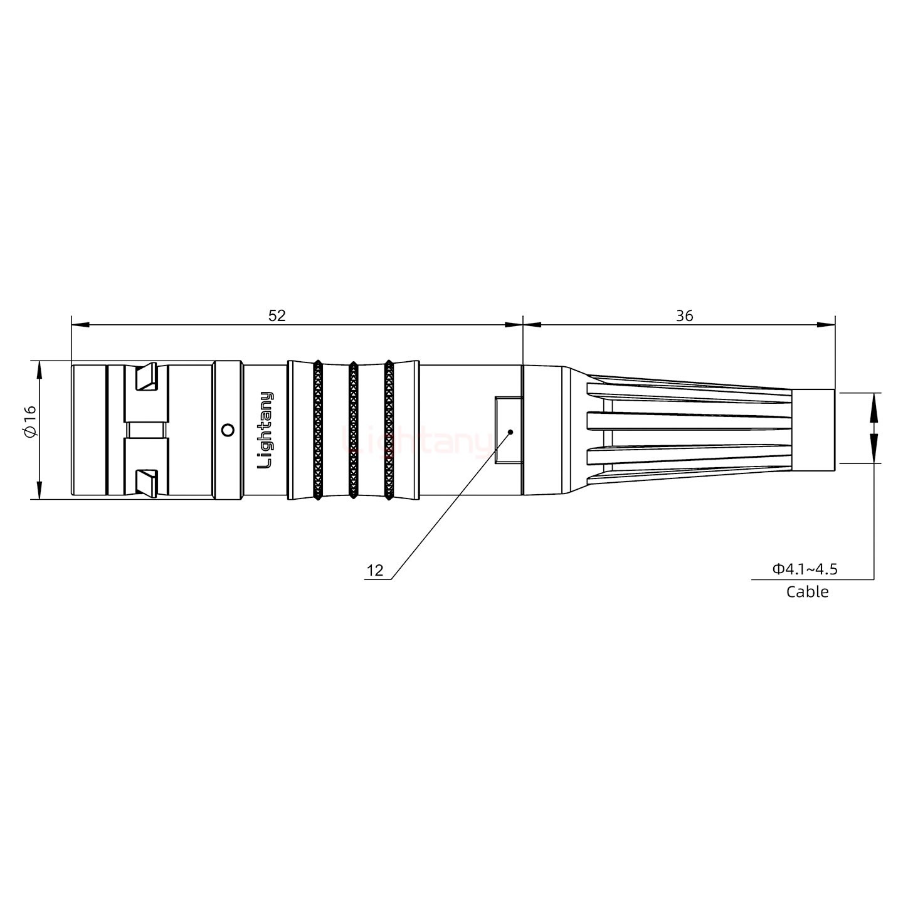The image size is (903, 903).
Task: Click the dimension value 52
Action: pos(277,315)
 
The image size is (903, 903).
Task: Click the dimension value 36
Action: pos(684,315)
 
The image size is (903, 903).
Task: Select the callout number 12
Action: pos(374,571)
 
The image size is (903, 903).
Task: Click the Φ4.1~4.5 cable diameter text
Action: pos(805,569)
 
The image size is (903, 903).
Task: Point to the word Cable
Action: pos(807,592)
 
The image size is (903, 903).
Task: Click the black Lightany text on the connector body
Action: pos(266,430)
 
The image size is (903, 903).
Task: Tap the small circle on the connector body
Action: pos(228,430)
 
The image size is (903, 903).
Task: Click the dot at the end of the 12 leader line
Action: pos(510,431)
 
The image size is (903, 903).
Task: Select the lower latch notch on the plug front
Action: pos(147,482)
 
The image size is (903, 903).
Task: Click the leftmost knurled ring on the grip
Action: pos(318,430)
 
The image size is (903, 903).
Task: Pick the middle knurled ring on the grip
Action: pos(353,430)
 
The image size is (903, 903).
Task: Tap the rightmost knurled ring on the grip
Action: pos(389,430)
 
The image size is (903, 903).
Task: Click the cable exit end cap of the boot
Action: pos(813,430)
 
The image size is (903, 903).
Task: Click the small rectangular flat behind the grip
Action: pos(508,430)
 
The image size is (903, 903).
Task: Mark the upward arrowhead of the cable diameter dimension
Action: pos(873,401)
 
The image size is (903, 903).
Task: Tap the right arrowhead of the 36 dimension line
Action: pos(827,325)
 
